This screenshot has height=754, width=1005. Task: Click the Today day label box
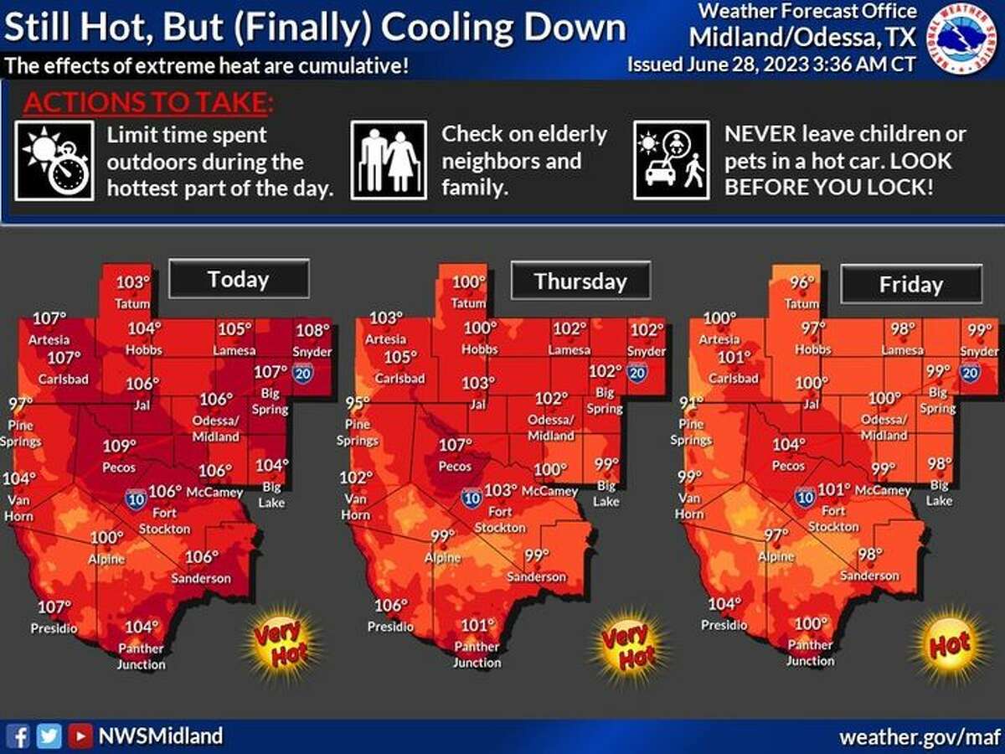click(239, 279)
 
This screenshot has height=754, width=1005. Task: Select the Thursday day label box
click(580, 281)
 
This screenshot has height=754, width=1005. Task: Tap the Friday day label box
click(910, 285)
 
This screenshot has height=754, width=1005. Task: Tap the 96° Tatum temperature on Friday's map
click(802, 283)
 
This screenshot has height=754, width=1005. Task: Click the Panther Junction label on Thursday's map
click(477, 654)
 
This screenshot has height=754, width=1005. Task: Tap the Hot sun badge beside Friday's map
click(949, 644)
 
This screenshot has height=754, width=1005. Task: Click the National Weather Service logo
click(964, 37)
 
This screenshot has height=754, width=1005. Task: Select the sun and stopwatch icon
click(54, 160)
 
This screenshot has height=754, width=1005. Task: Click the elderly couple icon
click(389, 160)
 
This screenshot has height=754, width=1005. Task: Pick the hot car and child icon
click(672, 160)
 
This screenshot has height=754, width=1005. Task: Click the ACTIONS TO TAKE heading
click(148, 103)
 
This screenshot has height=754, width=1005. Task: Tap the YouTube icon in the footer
click(80, 736)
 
